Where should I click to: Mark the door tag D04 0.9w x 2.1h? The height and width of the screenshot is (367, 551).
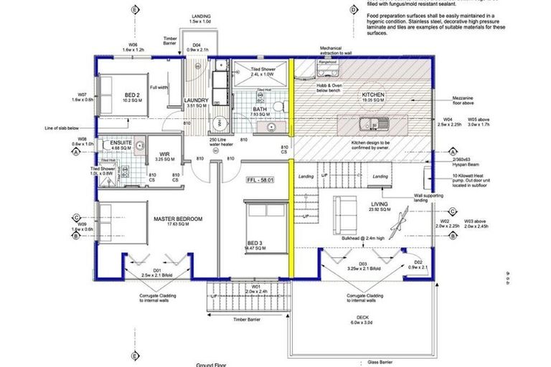pyautogui.click(x=196, y=47)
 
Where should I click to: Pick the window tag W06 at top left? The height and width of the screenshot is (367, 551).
pyautogui.click(x=133, y=47)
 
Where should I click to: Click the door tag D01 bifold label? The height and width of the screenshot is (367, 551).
pyautogui.click(x=155, y=272)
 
